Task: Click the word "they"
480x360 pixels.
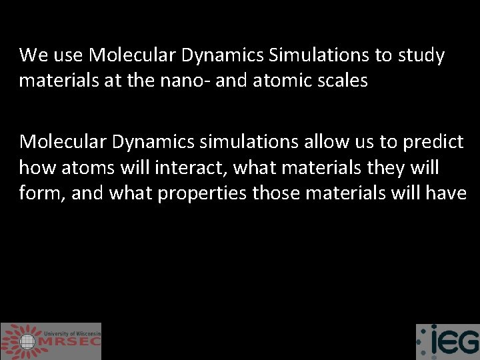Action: (381, 167)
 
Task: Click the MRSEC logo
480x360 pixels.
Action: (51, 341)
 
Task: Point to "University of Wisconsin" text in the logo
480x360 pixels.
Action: (73, 333)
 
